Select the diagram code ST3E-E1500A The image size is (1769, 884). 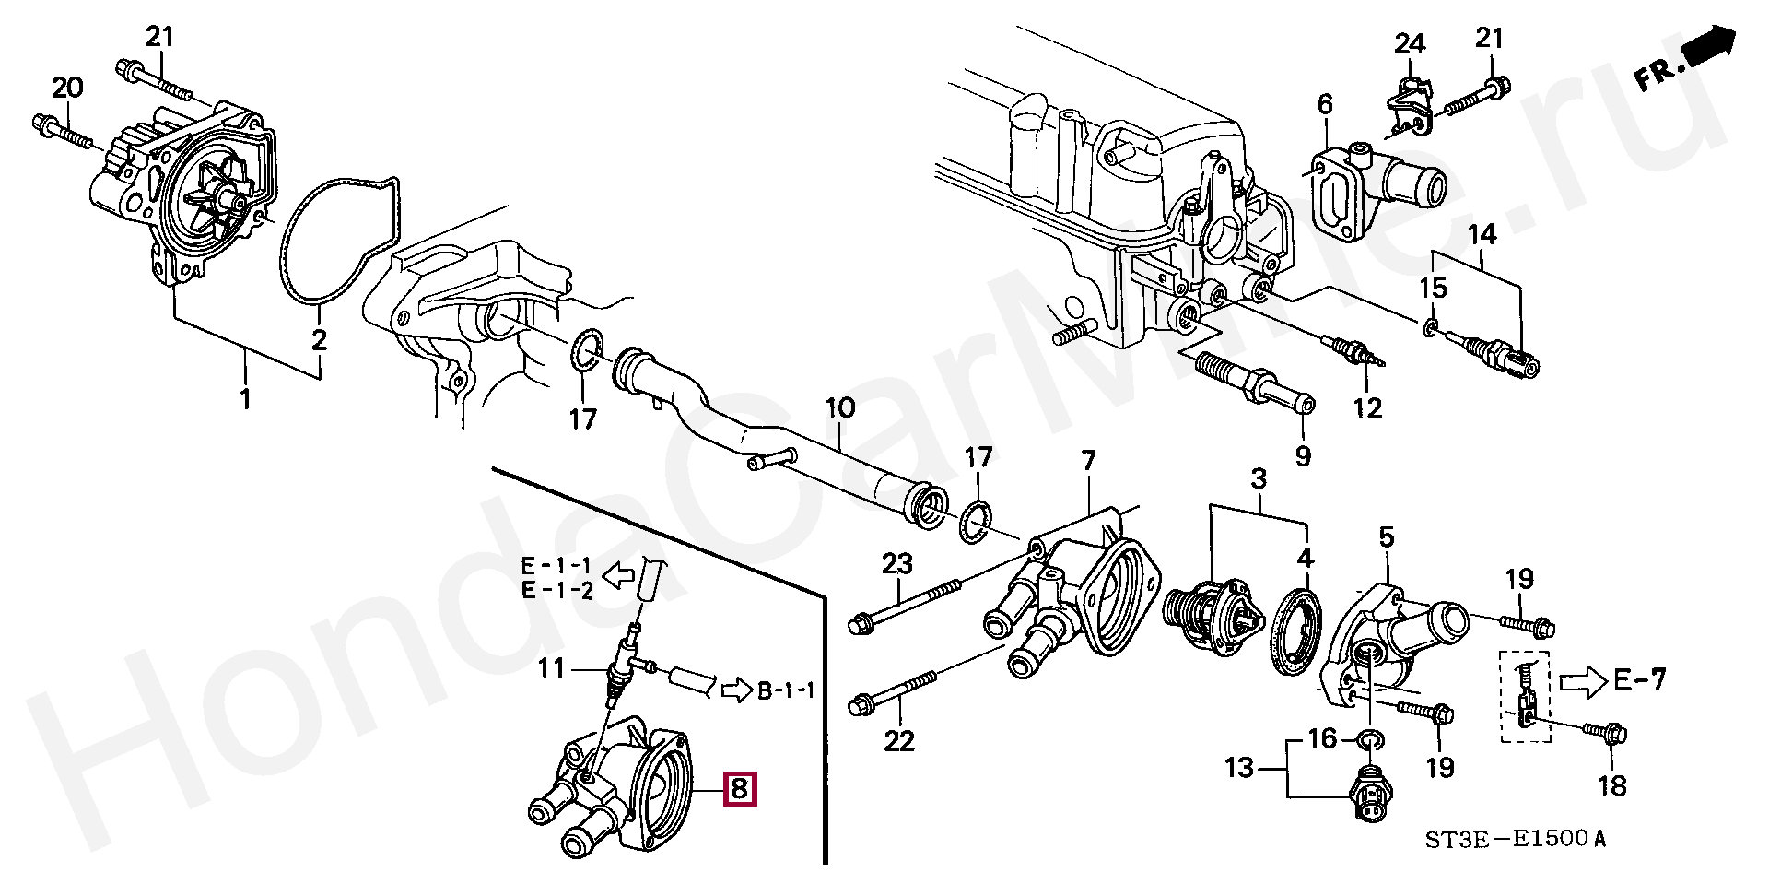pos(1515,839)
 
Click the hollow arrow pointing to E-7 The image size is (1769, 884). pos(1582,682)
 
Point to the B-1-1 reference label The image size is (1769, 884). pos(786,690)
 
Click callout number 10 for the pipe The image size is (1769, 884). pos(840,407)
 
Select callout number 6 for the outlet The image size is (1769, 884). pos(1325,104)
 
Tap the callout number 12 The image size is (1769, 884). pos(1367,407)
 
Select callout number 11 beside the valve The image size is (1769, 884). pos(551,667)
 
